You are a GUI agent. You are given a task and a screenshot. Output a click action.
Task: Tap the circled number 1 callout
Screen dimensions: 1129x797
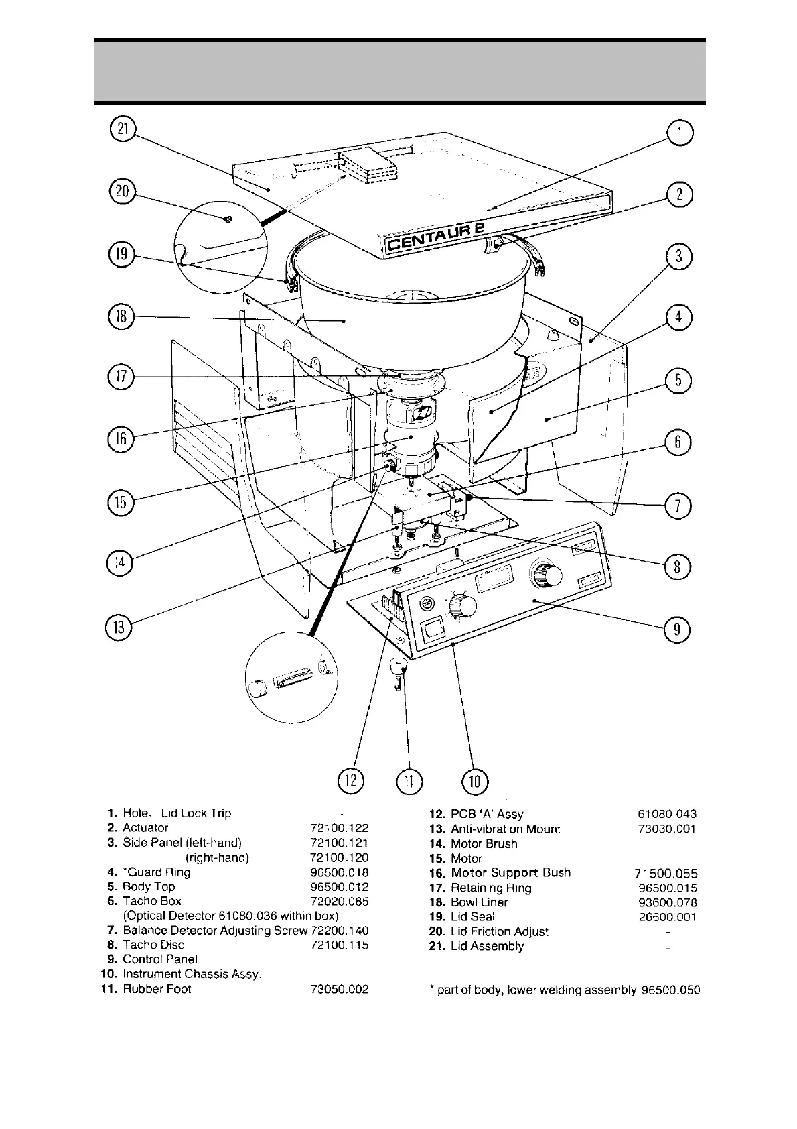679,133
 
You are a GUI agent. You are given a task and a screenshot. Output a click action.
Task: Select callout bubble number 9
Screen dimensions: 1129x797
676,629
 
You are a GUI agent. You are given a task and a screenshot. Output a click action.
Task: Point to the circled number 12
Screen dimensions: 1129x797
351,780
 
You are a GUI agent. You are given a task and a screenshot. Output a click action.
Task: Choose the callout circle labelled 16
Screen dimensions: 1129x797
121,440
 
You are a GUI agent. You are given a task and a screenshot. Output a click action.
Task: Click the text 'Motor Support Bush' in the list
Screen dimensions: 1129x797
510,872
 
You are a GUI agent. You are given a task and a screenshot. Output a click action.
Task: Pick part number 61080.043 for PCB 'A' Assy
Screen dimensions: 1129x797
668,814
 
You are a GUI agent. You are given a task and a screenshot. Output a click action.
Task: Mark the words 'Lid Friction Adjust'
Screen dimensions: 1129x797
499,931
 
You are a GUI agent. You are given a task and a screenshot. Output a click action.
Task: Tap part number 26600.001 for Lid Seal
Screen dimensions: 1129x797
668,916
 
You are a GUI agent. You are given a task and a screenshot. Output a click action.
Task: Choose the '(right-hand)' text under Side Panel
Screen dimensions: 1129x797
217,857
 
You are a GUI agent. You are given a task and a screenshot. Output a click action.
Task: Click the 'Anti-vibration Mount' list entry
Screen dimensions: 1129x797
505,829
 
